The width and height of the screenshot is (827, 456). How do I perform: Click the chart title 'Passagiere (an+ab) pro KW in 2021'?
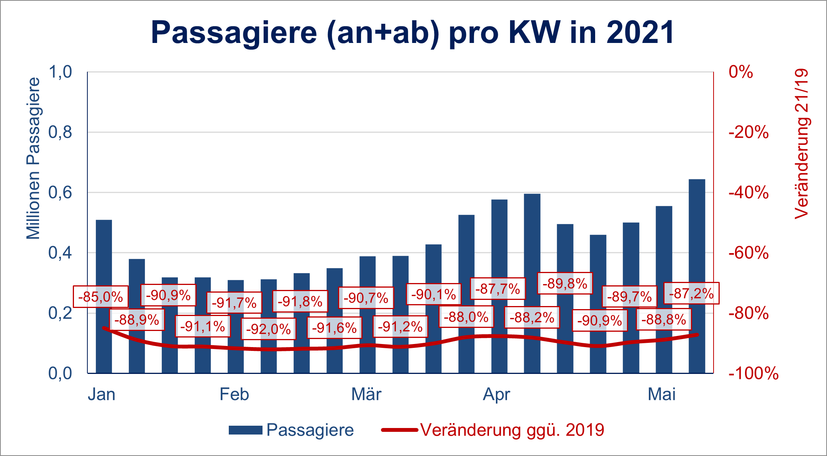(413, 33)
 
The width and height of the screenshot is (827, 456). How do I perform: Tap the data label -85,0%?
(100, 297)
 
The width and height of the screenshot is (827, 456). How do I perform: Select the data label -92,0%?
(268, 329)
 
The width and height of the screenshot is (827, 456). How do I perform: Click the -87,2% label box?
(691, 294)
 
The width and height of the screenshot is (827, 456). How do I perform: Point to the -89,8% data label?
(565, 284)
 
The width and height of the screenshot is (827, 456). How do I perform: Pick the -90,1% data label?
(433, 295)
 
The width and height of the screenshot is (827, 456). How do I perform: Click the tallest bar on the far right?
(697, 276)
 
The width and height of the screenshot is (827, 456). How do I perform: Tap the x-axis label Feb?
(234, 395)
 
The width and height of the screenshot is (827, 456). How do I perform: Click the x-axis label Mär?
(366, 395)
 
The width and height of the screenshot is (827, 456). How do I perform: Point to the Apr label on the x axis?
(497, 395)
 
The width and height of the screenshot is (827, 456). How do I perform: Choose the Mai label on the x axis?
(662, 395)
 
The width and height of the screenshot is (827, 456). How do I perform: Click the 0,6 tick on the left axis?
(60, 193)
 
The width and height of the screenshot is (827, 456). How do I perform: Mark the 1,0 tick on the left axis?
(60, 72)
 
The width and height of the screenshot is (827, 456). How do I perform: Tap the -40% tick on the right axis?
(748, 193)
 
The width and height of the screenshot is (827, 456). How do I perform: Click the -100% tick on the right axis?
(753, 373)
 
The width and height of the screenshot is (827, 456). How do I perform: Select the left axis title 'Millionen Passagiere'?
(33, 158)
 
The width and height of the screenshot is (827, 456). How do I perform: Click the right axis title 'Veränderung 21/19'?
(801, 144)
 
